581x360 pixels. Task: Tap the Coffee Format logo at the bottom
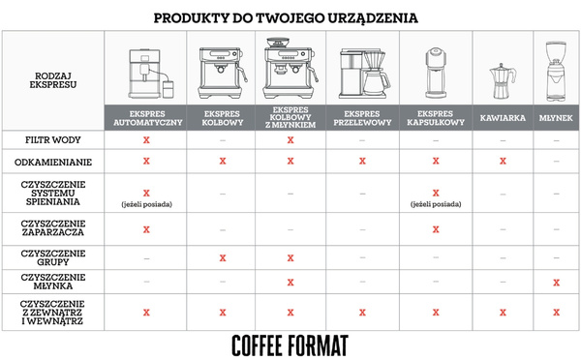(290, 345)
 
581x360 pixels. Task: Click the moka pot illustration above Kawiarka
(502, 74)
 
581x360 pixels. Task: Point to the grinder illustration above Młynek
(555, 68)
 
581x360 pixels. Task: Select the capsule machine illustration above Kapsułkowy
(436, 68)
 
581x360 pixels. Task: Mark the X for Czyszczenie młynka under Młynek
(555, 282)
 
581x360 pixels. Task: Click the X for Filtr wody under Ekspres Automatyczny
(146, 140)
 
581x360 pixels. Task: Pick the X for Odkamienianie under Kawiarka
(502, 161)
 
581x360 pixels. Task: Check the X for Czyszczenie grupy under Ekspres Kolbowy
(223, 257)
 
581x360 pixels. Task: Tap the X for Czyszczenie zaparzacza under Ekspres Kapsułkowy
(436, 229)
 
